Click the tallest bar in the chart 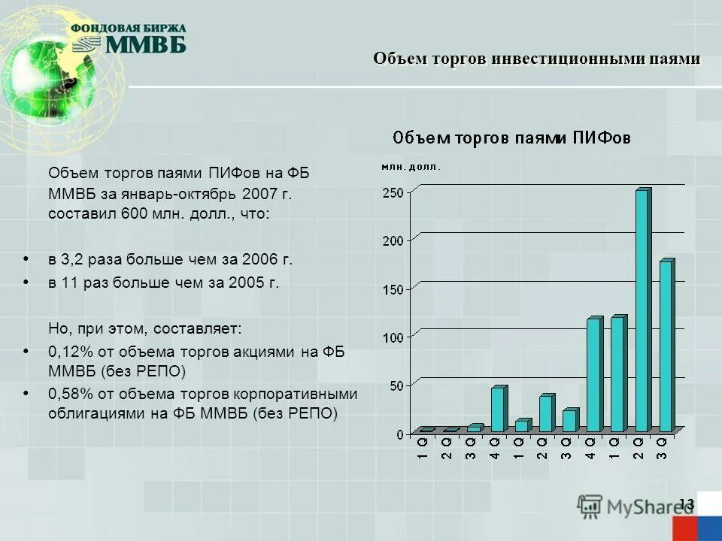point(642,310)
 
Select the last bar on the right point(666,346)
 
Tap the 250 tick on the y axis point(393,192)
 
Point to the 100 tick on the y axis point(393,337)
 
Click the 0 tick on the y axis point(399,434)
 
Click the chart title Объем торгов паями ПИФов point(511,138)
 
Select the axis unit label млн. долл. point(411,167)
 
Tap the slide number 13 point(686,503)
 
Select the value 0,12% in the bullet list point(69,352)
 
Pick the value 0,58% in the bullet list point(69,394)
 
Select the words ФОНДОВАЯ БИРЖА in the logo point(129,28)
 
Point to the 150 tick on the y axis point(393,289)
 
